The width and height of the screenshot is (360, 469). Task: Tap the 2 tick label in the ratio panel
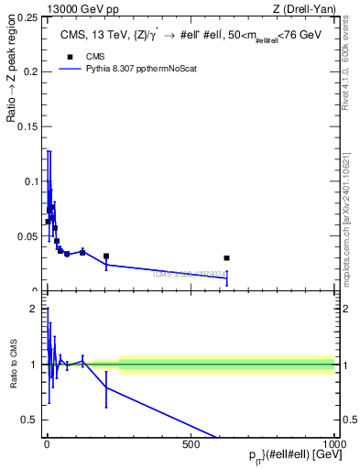(x=34, y=309)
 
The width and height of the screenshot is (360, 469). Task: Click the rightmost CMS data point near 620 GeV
(x=226, y=258)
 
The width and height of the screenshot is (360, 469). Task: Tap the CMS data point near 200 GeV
(x=106, y=256)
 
